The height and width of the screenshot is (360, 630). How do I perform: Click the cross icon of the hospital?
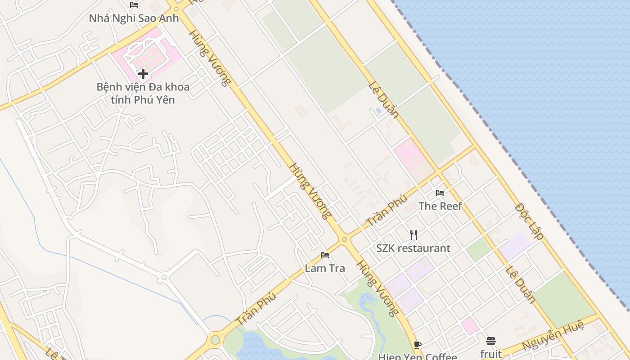[x=143, y=73]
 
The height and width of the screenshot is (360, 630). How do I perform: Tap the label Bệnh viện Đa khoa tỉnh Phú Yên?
[x=143, y=93]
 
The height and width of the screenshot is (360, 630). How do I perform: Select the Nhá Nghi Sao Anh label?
[x=134, y=18]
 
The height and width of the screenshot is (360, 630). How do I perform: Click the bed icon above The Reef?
[x=440, y=193]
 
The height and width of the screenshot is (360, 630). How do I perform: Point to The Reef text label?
[x=440, y=206]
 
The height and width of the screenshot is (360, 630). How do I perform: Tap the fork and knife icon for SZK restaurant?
[x=414, y=234]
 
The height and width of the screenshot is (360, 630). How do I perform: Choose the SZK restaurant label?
[x=413, y=248]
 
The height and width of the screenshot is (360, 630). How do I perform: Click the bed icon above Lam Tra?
[x=325, y=255]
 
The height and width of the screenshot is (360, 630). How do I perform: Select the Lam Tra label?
[x=325, y=269]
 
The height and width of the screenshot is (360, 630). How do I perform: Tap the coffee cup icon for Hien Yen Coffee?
[x=417, y=345]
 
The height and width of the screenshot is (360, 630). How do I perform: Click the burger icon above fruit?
[x=491, y=341]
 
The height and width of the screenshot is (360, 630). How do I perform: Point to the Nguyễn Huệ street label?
[x=553, y=334]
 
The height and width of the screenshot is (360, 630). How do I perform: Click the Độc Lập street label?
[x=529, y=221]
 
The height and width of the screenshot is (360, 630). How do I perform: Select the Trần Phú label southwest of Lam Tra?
[x=256, y=309]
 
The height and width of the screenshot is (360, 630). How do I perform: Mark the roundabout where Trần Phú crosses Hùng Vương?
[x=345, y=240]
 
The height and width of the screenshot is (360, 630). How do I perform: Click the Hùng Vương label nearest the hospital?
[x=210, y=58]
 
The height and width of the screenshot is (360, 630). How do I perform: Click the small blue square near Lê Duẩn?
[x=378, y=110]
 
